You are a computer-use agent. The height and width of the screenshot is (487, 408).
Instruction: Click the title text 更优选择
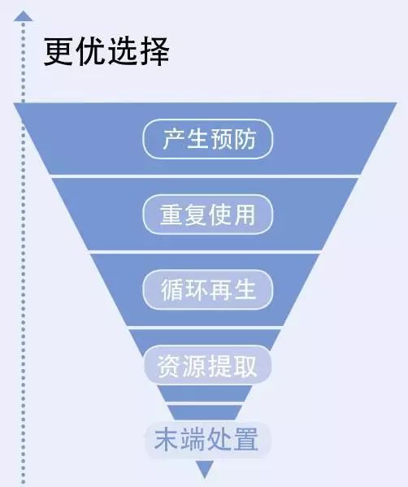(106, 51)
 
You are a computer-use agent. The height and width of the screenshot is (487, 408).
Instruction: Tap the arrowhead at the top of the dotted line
(23, 16)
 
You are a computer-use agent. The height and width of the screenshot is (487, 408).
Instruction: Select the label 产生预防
(209, 139)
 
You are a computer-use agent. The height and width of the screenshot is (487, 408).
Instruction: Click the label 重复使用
(208, 215)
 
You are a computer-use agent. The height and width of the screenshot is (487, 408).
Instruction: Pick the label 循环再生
(208, 289)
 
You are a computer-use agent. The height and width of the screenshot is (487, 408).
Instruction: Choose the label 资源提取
(207, 366)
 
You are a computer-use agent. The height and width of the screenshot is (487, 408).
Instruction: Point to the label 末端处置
(206, 439)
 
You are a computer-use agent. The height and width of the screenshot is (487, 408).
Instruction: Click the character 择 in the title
(154, 51)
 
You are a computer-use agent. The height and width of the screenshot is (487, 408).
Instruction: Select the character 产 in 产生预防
(173, 139)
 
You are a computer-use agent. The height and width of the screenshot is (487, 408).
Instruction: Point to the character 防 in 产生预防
(245, 139)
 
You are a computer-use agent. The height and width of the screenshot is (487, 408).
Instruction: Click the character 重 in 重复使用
(171, 215)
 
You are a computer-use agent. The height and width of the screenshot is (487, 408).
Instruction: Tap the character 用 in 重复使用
(245, 215)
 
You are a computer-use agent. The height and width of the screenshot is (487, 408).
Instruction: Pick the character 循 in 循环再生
(171, 289)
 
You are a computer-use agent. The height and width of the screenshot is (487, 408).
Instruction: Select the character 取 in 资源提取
(245, 366)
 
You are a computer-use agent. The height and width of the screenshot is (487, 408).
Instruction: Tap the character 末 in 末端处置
(166, 439)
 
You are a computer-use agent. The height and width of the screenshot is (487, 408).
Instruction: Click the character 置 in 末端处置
(246, 439)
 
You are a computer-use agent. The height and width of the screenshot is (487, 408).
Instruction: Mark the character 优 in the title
(91, 51)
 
